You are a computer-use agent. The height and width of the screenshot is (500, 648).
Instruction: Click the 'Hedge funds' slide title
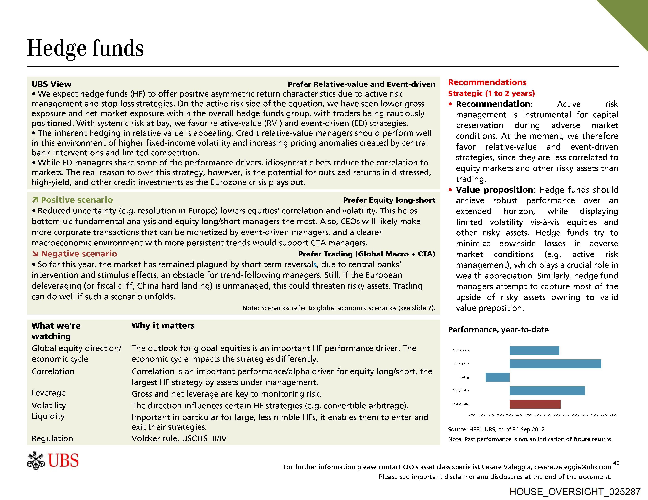coord(85,48)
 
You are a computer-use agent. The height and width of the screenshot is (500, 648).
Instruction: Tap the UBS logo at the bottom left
coord(53,460)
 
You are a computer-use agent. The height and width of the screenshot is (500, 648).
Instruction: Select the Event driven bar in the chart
coord(555,364)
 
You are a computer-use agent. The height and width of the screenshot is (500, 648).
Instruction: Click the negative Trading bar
coord(498,377)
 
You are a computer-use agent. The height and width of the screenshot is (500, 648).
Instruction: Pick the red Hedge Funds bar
coord(535,404)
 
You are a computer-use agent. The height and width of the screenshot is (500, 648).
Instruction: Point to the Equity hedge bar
coord(547,391)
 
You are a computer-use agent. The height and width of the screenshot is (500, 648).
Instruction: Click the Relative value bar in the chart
coord(534,350)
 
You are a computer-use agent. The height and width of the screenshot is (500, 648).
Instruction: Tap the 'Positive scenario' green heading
coord(77,200)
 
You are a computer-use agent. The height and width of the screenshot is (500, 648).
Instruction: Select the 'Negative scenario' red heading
coord(79,254)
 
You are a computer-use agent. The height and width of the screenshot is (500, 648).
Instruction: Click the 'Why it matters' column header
coord(163,326)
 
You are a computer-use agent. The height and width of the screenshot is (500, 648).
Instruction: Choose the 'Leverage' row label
coord(49,393)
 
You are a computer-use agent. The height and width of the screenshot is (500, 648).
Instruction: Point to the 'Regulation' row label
coord(52,438)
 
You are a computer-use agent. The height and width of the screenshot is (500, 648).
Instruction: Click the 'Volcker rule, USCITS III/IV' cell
coord(179,438)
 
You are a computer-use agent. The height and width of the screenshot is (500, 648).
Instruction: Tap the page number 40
coord(616,463)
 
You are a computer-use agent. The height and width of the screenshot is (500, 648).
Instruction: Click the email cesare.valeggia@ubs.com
coord(572,467)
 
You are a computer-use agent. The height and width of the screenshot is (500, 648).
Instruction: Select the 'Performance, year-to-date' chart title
coord(498,330)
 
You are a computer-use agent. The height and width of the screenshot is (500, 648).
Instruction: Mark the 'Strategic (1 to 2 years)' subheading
coord(491,93)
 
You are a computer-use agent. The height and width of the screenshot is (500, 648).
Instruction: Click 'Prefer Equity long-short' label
coord(389,200)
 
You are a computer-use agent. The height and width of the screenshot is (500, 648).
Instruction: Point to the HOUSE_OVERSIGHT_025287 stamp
coord(575,492)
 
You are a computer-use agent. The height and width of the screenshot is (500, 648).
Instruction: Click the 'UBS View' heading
coord(52,84)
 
